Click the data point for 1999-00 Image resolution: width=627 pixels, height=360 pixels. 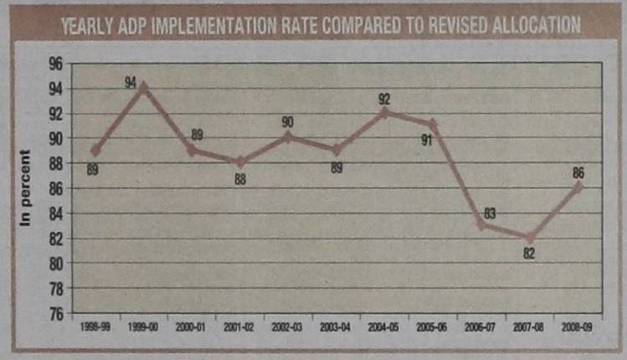tap(144, 86)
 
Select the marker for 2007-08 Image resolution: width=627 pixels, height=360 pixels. tap(529, 238)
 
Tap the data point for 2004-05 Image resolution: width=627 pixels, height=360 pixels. tap(384, 111)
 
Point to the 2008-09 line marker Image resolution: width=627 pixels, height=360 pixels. tap(578, 187)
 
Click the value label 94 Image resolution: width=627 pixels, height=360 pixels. tap(131, 81)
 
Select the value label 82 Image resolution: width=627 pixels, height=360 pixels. tap(529, 252)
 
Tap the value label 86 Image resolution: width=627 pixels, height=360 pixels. tap(578, 173)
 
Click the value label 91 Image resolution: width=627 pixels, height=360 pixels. tap(426, 139)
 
